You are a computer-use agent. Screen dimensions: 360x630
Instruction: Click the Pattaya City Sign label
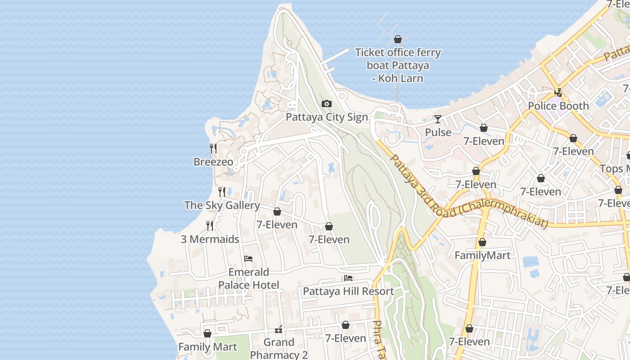pos(327,117)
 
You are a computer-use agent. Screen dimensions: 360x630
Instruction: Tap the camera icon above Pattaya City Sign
pos(327,104)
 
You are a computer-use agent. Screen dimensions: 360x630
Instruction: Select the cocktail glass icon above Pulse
pos(438,119)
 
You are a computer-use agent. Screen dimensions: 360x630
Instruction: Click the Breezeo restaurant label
pos(213,162)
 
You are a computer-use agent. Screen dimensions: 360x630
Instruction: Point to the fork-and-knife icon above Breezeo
pos(213,148)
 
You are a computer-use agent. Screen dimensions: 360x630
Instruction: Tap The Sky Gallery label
pos(222,205)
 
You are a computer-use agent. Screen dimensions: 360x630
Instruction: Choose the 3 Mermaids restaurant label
pos(210,239)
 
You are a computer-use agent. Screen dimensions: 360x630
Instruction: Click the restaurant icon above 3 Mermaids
pos(210,225)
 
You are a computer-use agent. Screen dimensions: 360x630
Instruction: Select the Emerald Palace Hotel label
pos(248,279)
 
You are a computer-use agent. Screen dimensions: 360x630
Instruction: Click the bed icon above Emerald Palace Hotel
pos(248,259)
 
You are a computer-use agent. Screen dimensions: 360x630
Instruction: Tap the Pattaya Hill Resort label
pos(348,291)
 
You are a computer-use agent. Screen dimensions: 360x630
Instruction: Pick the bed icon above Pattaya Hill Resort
pos(348,278)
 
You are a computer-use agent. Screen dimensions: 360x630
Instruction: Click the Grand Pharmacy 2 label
pos(279,348)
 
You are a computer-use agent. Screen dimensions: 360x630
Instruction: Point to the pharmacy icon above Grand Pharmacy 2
pos(279,330)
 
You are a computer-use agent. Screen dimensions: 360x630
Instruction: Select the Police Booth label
pos(558,106)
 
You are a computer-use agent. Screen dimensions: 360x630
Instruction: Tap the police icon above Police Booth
pos(558,93)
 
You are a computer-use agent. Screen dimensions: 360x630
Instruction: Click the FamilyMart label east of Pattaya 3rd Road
pos(482,256)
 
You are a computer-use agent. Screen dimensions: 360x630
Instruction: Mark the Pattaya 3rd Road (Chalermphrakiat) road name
pos(468,193)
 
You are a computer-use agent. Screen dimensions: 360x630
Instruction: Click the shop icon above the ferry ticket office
pos(397,39)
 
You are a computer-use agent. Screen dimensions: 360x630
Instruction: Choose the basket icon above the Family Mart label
pos(207,333)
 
